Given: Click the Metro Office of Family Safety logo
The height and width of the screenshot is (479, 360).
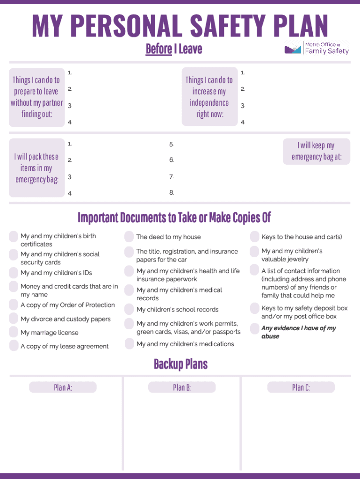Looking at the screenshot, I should tap(317, 48).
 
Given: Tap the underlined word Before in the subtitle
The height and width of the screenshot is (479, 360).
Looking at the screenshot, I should tap(158, 49).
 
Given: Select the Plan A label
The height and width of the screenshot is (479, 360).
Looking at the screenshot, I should tap(63, 387).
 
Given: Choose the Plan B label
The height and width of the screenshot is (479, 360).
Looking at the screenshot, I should tap(181, 387).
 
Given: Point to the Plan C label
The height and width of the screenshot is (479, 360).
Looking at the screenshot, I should tap(301, 387).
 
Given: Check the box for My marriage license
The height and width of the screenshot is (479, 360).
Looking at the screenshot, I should tap(14, 333).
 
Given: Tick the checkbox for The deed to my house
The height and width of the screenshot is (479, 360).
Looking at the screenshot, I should tap(129, 237).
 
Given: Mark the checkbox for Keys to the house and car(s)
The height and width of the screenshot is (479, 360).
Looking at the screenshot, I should tap(254, 237).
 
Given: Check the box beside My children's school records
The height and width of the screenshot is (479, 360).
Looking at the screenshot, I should tap(129, 309).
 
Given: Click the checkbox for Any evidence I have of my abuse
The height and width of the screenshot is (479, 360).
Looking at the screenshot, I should tap(254, 328).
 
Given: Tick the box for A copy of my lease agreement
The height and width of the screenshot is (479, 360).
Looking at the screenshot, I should tap(14, 346).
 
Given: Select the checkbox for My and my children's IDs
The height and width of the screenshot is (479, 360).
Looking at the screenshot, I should tap(14, 273).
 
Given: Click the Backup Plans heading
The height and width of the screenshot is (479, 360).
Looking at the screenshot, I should tap(180, 364).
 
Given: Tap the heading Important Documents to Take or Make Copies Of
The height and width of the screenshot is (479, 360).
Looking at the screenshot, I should tap(174, 218).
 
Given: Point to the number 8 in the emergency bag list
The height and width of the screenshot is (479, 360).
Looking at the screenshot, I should tap(172, 193).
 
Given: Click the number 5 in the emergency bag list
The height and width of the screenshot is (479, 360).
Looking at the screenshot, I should tap(172, 144).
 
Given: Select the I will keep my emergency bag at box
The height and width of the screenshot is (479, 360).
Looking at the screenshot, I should tap(317, 152).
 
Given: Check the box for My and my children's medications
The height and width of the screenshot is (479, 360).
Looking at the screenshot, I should tap(129, 344).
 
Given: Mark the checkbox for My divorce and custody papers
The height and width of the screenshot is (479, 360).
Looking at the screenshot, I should tap(14, 319).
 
